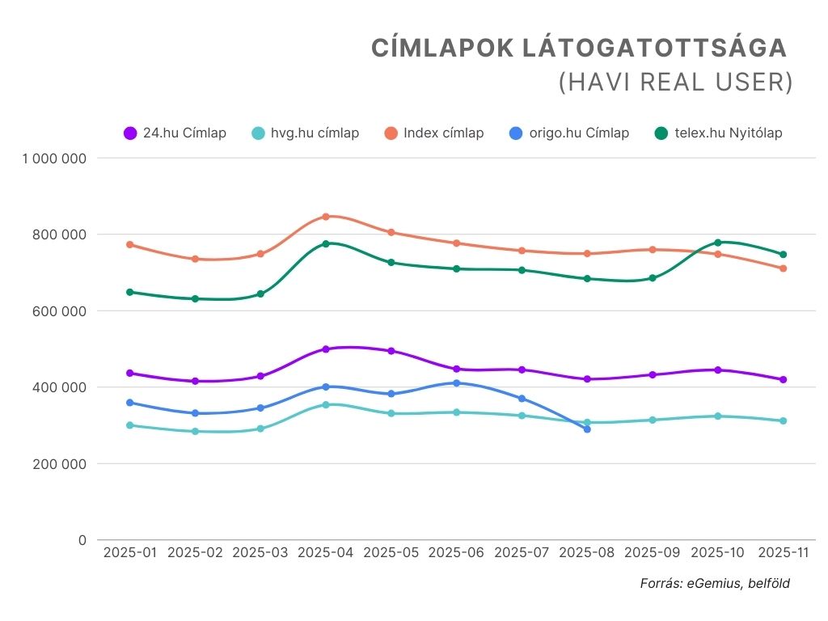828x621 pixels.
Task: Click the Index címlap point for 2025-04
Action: click(x=326, y=217)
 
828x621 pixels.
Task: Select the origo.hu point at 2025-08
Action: click(x=587, y=429)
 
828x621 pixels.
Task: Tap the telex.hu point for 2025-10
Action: click(x=718, y=243)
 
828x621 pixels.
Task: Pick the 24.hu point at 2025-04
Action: click(x=326, y=349)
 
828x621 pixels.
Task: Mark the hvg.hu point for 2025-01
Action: click(x=129, y=425)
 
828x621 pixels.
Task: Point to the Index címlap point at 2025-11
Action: click(x=784, y=268)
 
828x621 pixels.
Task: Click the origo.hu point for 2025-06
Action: click(x=457, y=383)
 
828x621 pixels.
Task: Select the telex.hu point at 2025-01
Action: click(x=129, y=292)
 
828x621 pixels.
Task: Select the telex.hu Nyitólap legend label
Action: click(x=729, y=133)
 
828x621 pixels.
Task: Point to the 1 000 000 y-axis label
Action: click(x=54, y=158)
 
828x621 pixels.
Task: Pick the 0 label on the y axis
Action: click(x=81, y=540)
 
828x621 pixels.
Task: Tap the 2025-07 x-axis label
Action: click(x=522, y=552)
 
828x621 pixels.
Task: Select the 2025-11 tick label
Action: click(x=784, y=552)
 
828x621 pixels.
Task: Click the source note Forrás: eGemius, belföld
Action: click(x=715, y=583)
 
